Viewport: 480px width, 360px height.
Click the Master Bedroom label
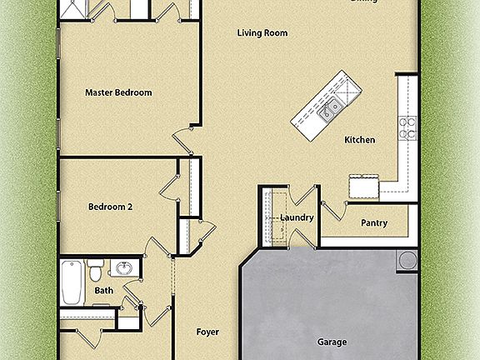pos(118,92)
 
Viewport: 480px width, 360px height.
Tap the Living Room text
pos(262,33)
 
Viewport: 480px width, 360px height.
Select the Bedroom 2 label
pos(111,205)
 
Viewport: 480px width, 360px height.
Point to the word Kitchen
pos(359,140)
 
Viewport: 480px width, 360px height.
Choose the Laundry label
pos(296,218)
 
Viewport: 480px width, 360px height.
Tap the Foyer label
pos(207,332)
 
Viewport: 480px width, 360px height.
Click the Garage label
pos(332,342)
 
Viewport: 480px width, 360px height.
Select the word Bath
pos(104,290)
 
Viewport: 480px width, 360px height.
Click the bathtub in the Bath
pos(72,283)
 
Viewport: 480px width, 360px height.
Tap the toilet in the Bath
pos(95,270)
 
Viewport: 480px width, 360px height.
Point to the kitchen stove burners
pos(407,127)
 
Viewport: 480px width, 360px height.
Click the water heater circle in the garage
pos(407,259)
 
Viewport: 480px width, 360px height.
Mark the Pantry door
pos(332,211)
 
